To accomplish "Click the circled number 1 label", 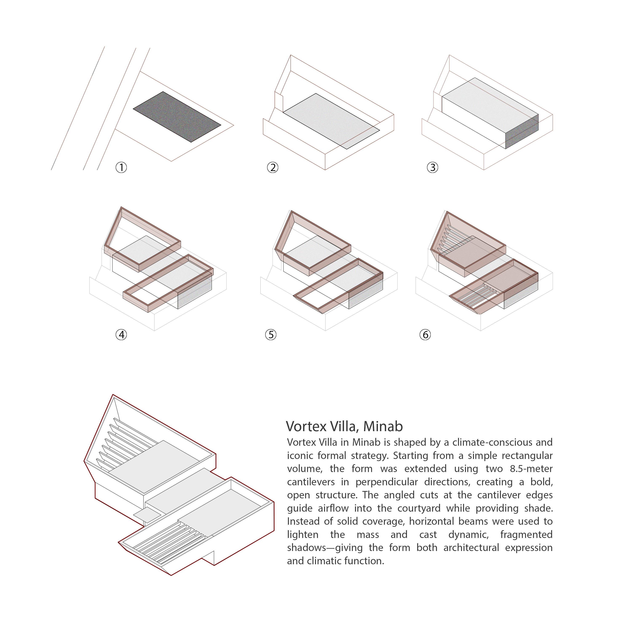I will point(121,167).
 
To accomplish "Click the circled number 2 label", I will point(272,167).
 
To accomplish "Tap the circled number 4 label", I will point(121,335).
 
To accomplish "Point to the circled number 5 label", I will point(270,335).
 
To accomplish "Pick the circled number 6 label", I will point(425,335).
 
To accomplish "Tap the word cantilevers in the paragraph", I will point(311,482).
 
